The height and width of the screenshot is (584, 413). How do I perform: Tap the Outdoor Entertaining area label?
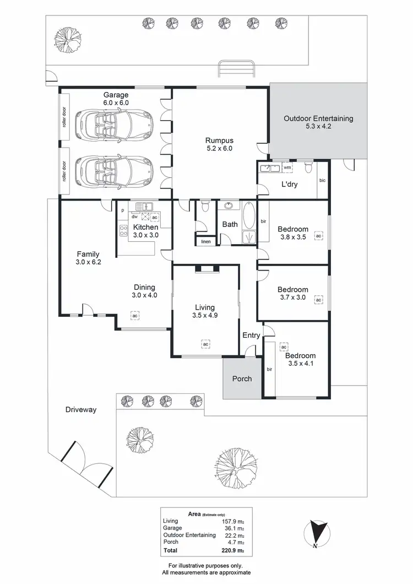click(x=318, y=118)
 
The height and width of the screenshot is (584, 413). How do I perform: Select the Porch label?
click(x=242, y=378)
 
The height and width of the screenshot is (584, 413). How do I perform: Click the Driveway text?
click(x=81, y=409)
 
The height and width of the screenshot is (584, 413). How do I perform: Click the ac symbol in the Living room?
click(x=205, y=344)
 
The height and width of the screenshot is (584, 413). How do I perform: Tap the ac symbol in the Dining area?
click(x=134, y=316)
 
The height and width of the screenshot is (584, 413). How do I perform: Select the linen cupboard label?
click(x=206, y=241)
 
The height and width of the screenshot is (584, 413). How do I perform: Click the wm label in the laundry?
click(x=287, y=167)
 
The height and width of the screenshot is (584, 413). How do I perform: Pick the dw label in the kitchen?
click(x=134, y=217)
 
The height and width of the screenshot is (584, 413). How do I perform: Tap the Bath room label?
click(x=230, y=225)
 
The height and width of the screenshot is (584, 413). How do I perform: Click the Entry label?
click(x=252, y=335)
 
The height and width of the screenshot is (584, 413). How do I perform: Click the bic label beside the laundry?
click(x=322, y=180)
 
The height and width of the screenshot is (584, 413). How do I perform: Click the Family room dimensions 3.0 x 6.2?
click(x=88, y=262)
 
